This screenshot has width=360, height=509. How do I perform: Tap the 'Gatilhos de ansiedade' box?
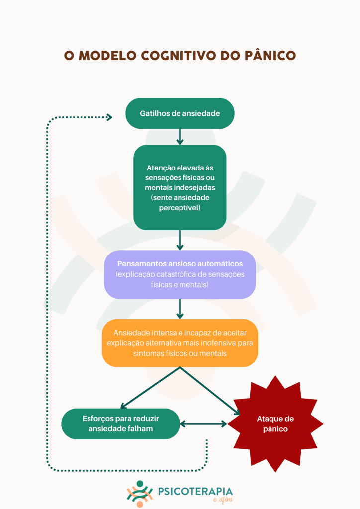(180, 113)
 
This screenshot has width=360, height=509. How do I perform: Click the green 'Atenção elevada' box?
(180, 187)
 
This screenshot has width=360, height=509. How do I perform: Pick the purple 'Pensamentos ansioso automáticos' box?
(180, 274)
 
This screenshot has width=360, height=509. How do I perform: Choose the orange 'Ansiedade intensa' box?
(180, 343)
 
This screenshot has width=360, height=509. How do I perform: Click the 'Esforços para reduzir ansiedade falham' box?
(120, 424)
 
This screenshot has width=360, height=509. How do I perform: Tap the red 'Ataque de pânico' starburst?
(275, 424)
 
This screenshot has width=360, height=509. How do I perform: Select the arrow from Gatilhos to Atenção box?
(180, 137)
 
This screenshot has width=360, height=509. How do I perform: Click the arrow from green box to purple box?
(180, 240)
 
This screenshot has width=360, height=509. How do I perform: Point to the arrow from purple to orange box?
(180, 309)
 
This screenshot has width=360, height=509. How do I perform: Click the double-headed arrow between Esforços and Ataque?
(203, 424)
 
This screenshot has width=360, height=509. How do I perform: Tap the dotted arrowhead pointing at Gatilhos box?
(109, 117)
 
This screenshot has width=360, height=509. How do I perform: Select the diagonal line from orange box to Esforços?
(150, 388)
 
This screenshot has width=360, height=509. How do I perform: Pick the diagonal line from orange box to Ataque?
(210, 391)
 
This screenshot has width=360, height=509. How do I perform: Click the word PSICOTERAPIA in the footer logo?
(195, 491)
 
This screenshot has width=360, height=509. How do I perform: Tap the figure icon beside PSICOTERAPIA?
(140, 494)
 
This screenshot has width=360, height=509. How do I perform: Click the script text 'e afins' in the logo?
(223, 500)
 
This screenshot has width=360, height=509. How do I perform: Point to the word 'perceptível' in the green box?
(179, 208)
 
